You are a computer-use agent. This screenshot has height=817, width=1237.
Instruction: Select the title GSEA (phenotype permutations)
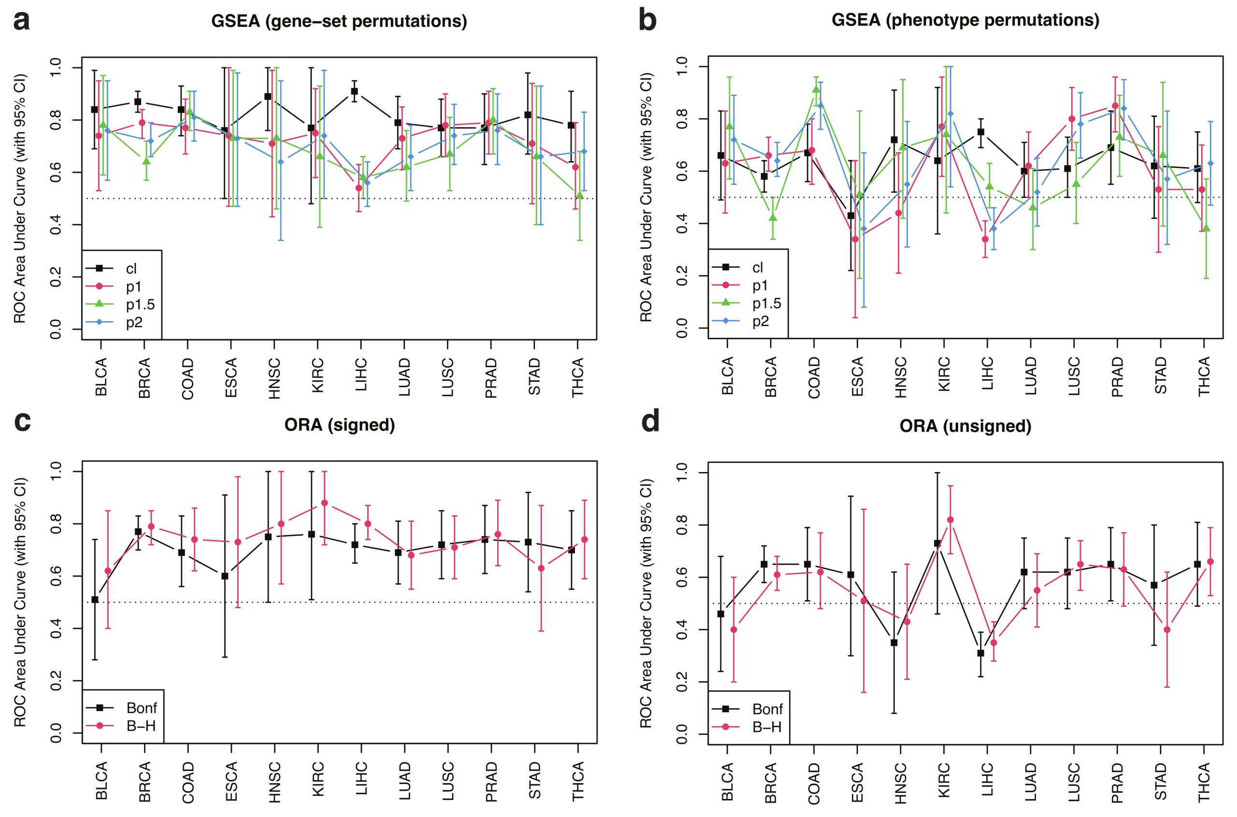(965, 20)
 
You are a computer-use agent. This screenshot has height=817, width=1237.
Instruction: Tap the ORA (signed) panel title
(339, 425)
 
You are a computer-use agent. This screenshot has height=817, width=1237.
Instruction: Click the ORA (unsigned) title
(965, 426)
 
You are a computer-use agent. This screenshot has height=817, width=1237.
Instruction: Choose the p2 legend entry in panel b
(761, 321)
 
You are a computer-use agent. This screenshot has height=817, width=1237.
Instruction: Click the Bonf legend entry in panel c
(142, 708)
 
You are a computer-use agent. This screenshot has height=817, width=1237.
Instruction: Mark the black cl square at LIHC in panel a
(354, 91)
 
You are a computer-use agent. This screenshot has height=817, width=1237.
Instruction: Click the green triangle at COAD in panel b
(816, 89)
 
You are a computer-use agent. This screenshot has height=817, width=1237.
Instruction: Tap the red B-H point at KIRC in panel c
(324, 503)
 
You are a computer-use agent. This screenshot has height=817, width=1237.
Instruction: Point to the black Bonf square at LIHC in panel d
(980, 653)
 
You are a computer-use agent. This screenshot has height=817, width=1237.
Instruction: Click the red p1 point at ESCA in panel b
(855, 239)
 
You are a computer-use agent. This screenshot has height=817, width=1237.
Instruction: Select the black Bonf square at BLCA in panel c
(95, 600)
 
